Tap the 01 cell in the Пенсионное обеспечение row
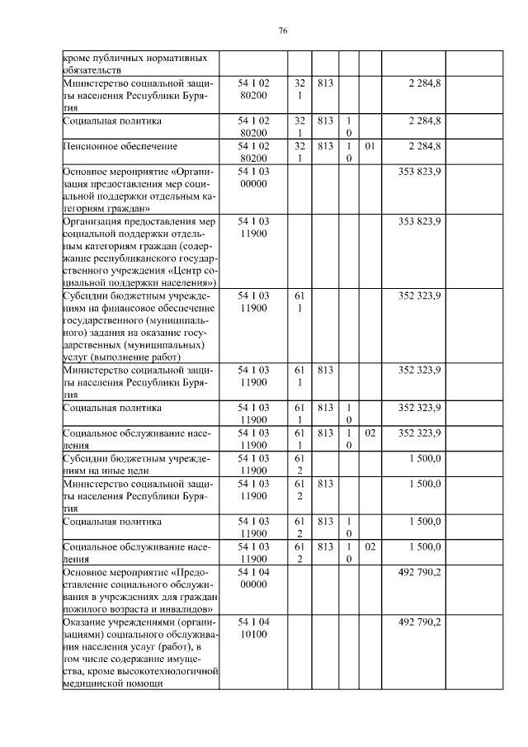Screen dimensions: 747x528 coord(370,146)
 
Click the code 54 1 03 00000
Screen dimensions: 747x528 coord(252,177)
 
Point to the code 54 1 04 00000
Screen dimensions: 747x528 coord(252,578)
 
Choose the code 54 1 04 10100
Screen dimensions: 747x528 coord(252,627)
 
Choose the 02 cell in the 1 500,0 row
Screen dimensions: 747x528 coord(370,546)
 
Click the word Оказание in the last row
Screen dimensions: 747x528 coord(87,622)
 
